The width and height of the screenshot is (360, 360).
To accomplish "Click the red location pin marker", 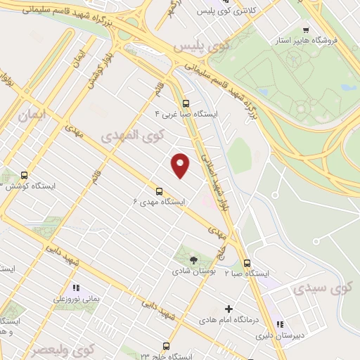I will click(x=181, y=165).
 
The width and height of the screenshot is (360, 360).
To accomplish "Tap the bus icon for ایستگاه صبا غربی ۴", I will click(x=186, y=101).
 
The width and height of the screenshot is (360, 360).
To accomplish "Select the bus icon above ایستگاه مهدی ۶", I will click(x=160, y=190).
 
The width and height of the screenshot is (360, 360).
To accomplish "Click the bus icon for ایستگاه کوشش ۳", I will click(x=25, y=175).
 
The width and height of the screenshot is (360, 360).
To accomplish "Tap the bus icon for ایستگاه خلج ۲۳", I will click(x=166, y=346).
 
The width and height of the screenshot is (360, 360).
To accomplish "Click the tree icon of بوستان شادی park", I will click(x=193, y=260).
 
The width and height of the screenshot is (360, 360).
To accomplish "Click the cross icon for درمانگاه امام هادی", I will click(x=229, y=309).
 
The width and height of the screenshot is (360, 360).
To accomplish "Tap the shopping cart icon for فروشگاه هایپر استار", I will click(x=305, y=30).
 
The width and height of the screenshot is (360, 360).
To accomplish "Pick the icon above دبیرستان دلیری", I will click(x=280, y=325).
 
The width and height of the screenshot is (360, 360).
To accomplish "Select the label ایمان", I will click(x=32, y=114).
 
